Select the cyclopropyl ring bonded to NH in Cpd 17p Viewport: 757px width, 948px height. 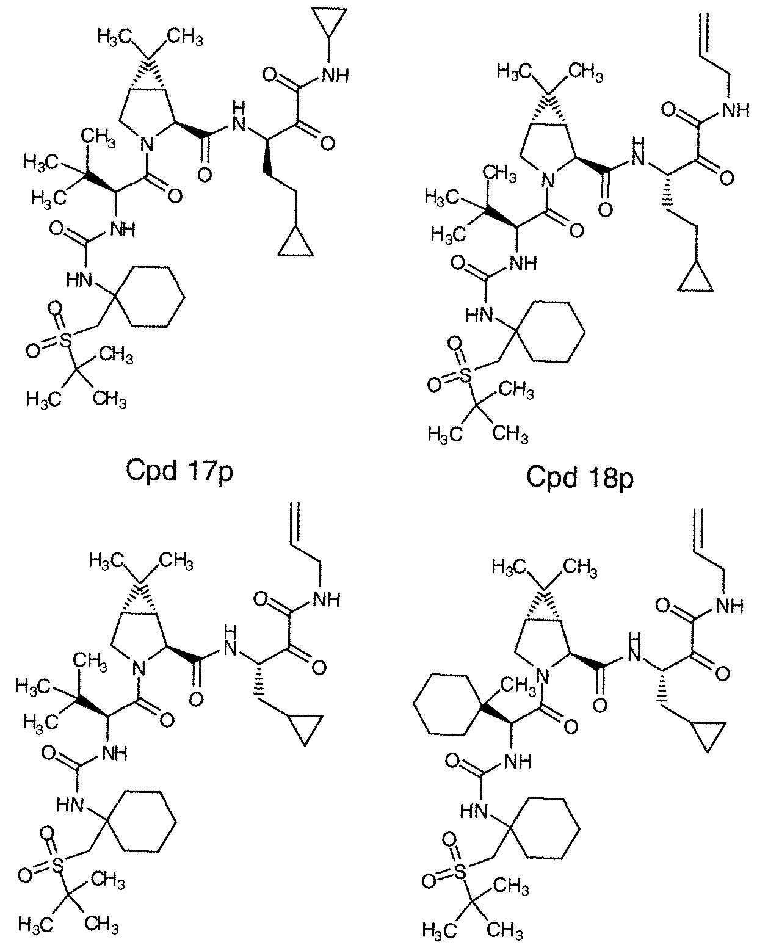329,26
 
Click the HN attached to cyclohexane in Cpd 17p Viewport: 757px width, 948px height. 80,280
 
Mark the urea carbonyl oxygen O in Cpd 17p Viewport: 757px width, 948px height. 57,229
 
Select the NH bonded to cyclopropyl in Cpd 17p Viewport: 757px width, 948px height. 336,76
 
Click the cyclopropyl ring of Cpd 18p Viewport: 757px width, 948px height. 695,278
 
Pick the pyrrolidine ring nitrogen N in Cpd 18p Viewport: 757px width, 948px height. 547,180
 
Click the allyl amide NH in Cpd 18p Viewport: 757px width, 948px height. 736,110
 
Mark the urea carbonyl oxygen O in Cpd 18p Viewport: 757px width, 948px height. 458,264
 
